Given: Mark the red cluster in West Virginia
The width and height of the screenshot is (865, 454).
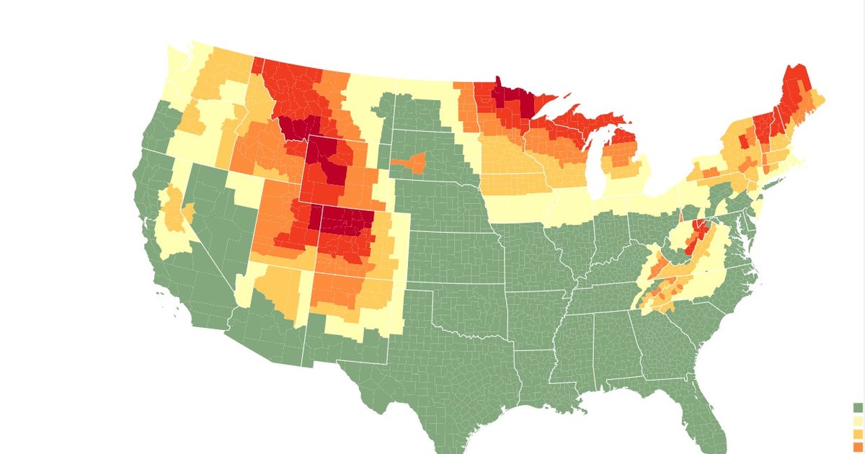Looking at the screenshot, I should pos(698,234).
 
